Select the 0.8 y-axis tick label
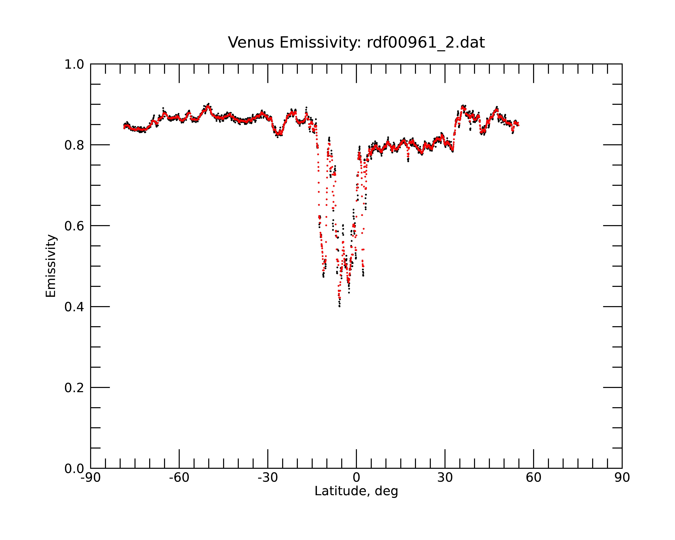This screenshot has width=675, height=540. coord(74,145)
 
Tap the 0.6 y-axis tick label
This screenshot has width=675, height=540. coord(74,226)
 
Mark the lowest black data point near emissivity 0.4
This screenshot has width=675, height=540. coord(339,306)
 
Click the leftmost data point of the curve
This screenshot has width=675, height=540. coord(124,127)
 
